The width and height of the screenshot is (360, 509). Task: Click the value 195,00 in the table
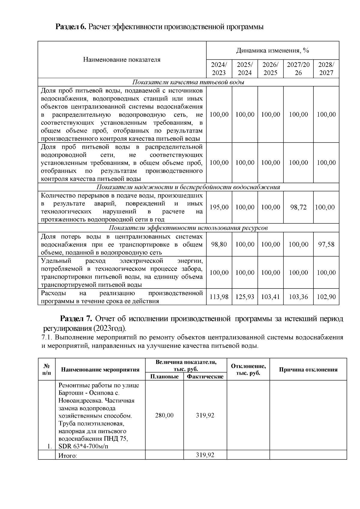click(x=219, y=207)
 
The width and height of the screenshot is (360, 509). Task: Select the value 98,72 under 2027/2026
click(x=298, y=207)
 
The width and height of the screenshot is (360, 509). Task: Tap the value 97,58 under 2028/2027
click(x=326, y=244)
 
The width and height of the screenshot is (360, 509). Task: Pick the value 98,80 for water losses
click(x=219, y=244)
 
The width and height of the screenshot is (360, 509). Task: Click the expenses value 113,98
click(x=219, y=297)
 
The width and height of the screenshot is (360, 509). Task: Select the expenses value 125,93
click(x=245, y=297)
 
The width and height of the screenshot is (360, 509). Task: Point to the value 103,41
click(x=270, y=297)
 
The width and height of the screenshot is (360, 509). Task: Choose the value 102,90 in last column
click(x=326, y=297)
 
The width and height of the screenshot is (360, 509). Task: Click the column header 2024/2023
click(x=219, y=69)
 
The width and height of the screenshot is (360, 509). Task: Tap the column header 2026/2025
click(x=270, y=69)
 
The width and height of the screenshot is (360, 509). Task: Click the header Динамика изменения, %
click(x=272, y=50)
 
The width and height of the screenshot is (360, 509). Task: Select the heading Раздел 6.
click(x=71, y=27)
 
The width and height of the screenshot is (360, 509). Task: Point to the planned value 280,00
click(x=164, y=415)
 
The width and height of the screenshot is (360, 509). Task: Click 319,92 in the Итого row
click(x=205, y=455)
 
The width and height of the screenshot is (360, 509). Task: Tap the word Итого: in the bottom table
click(x=67, y=456)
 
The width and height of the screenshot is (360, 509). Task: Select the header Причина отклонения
click(x=308, y=370)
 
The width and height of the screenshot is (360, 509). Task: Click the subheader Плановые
click(x=164, y=376)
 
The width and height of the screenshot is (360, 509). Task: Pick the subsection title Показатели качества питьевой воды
click(x=188, y=82)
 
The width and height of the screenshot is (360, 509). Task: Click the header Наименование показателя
click(x=121, y=60)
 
